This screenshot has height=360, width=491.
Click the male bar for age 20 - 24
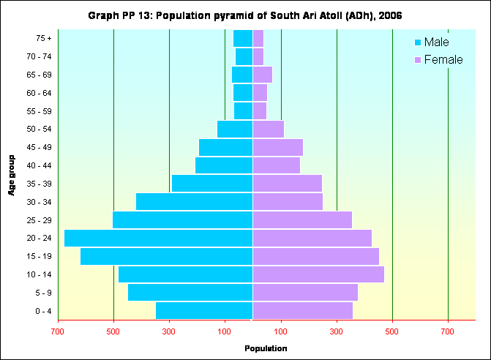coord(158,238)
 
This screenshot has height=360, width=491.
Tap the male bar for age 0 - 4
coord(204,311)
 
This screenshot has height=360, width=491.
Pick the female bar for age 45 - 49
coord(277,147)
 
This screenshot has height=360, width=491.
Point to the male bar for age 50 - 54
coord(235,129)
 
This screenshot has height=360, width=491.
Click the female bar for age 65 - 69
coord(262,75)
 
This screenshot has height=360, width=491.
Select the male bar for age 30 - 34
coord(194,201)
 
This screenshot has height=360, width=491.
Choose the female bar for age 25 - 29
coord(302,220)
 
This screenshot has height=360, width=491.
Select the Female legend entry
coord(438,59)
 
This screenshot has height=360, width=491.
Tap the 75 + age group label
coord(43,38)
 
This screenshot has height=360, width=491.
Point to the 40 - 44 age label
coord(38,165)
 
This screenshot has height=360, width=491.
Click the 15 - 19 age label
coord(38,257)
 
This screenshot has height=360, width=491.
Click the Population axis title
coord(266,348)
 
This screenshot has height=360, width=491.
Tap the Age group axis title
coord(12,174)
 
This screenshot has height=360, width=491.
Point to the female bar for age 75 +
coord(258,38)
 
